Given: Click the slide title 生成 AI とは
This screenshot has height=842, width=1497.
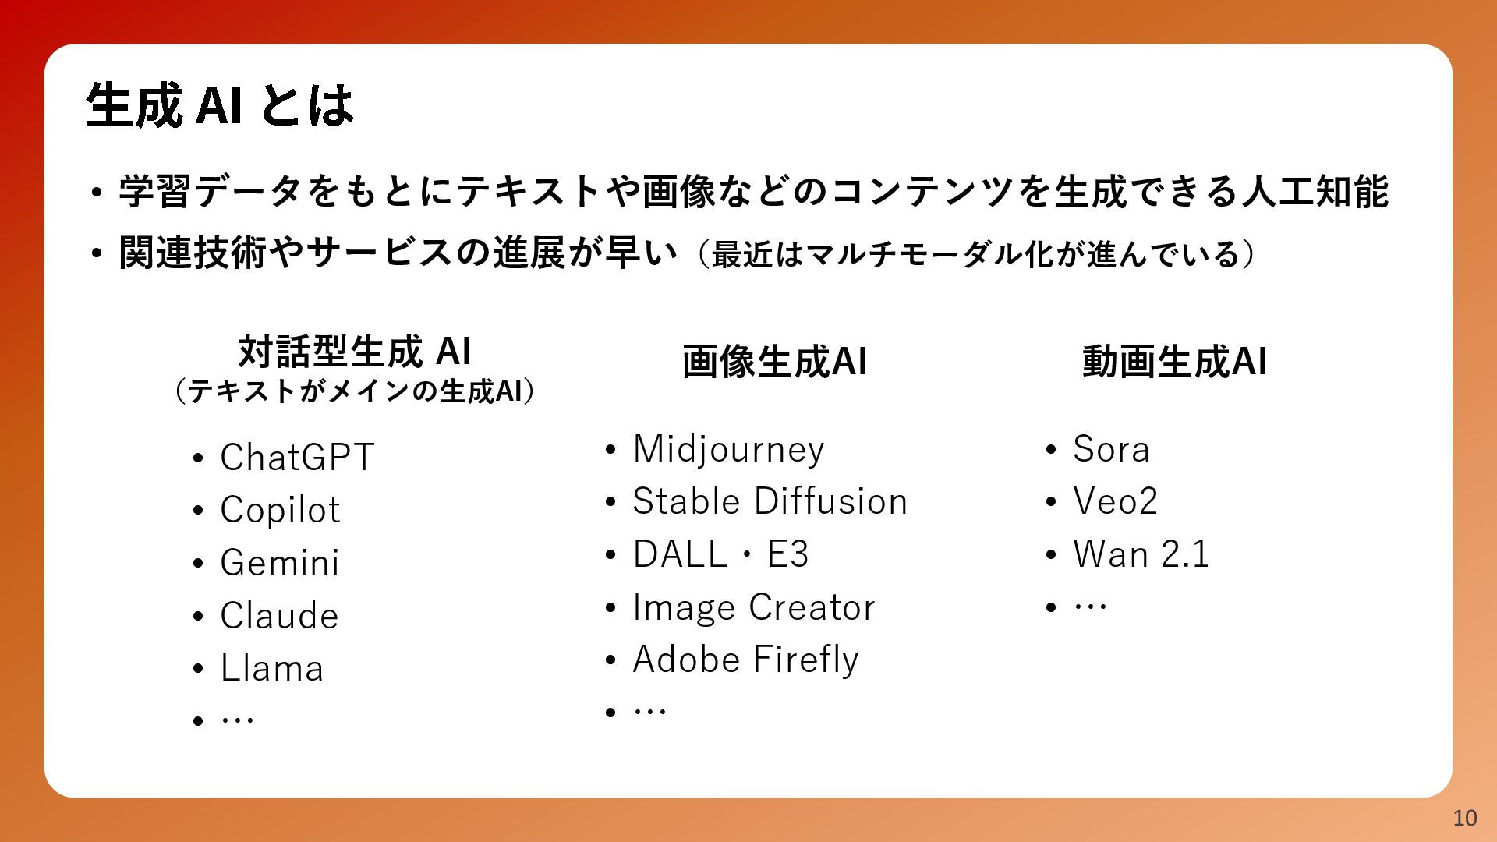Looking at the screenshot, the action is (x=219, y=104).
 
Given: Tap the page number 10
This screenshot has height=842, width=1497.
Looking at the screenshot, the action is (x=1465, y=818).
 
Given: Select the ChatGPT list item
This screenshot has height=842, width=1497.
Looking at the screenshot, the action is (x=297, y=457).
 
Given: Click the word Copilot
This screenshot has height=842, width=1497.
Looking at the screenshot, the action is (x=280, y=510).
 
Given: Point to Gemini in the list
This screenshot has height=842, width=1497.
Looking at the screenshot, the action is (x=280, y=562).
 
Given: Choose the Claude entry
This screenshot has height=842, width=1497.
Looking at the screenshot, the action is (x=279, y=615).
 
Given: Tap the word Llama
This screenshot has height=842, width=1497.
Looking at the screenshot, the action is (x=271, y=668).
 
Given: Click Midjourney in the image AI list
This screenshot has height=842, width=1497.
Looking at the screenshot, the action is (x=728, y=450).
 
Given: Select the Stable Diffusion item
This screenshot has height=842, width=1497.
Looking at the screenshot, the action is (x=770, y=501).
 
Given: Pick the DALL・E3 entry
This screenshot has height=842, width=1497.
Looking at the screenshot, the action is (x=720, y=554).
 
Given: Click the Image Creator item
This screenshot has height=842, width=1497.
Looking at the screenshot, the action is (x=754, y=607).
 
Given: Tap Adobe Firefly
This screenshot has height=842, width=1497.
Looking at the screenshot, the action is (x=745, y=660).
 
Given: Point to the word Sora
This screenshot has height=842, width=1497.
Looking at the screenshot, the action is (x=1111, y=449).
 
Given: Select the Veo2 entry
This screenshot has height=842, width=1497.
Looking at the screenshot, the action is (x=1115, y=501).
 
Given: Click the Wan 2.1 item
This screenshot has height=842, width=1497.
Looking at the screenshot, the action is (x=1141, y=554).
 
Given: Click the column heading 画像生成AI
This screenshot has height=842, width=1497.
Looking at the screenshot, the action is (x=774, y=362).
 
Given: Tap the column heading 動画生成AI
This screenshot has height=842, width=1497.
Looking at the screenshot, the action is (x=1174, y=362).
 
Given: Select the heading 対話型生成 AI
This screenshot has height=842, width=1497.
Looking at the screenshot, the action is (x=355, y=351).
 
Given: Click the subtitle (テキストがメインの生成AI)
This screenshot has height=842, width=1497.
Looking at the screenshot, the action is (x=354, y=391).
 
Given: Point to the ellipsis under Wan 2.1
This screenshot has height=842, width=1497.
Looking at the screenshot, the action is (x=1090, y=606).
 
